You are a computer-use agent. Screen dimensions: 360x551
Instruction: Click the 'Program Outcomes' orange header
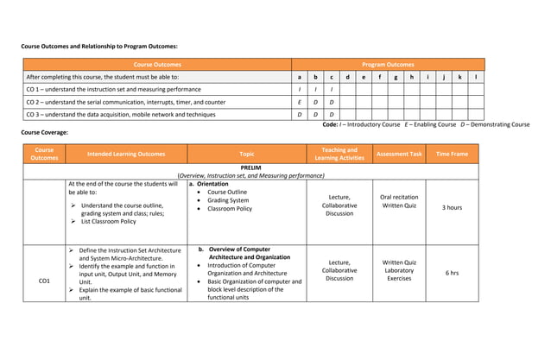(388, 65)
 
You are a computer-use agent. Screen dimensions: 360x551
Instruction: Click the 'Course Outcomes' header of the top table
(157, 65)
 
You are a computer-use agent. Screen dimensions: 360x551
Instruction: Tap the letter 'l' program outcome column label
(476, 77)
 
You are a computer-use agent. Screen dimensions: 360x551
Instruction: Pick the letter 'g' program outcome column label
(396, 77)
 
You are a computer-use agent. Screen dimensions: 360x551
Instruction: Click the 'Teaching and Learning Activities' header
(339, 155)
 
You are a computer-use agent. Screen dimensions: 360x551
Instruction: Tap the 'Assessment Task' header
(399, 155)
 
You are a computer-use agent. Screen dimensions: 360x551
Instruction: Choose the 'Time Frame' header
(452, 155)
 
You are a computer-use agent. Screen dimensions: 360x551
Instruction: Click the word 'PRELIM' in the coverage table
(251, 167)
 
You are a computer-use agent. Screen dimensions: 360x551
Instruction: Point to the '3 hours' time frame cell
(452, 208)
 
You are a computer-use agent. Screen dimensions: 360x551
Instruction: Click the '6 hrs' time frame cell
(452, 273)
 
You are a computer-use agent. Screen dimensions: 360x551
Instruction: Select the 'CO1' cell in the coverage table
(44, 281)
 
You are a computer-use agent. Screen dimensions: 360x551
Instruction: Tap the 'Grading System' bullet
(228, 200)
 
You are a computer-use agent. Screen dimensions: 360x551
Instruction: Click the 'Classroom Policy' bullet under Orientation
(230, 209)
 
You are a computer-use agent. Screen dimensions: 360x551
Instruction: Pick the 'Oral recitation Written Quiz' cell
(399, 201)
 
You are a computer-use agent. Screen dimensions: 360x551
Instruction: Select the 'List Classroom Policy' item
(108, 222)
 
